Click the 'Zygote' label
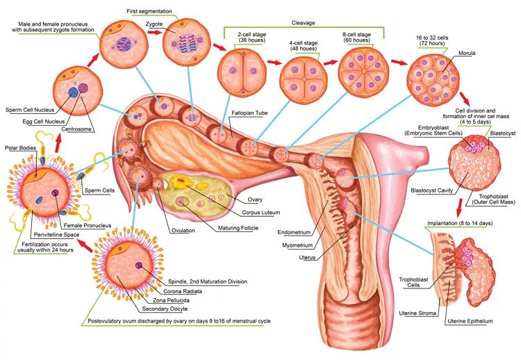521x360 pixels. [154, 22]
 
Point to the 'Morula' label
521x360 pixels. [467, 52]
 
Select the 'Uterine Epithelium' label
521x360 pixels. [470, 321]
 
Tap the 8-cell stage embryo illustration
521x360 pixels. [362, 74]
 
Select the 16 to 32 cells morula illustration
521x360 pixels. [432, 79]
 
